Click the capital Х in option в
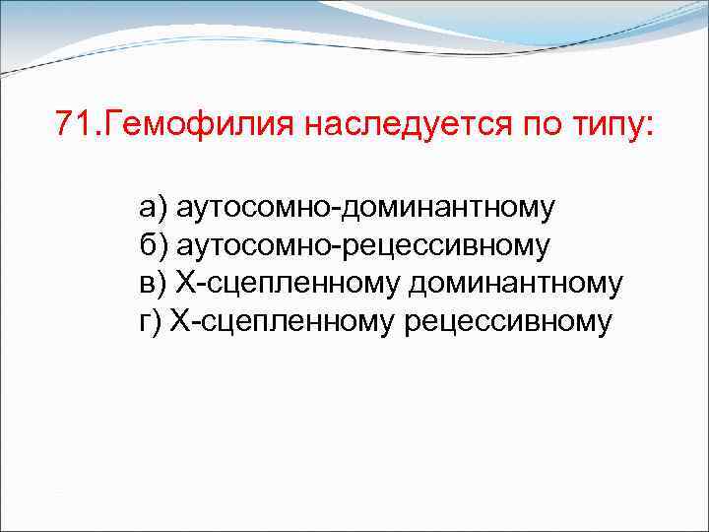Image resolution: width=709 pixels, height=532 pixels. coord(185,284)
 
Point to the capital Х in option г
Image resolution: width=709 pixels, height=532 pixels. coord(179,321)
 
